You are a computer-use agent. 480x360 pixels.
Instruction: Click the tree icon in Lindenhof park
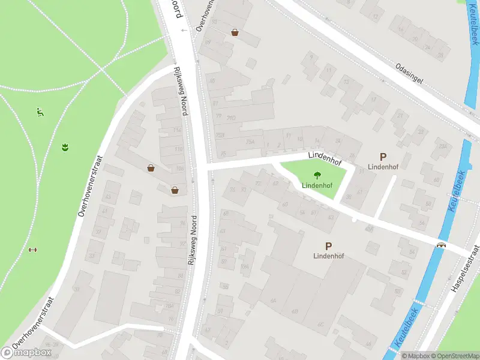click(316, 176)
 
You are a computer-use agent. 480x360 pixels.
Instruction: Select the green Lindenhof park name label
click(316, 185)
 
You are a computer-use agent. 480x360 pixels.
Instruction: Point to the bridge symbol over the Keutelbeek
click(442, 245)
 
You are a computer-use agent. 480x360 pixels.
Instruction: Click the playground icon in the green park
click(40, 112)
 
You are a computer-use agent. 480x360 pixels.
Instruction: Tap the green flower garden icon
click(64, 146)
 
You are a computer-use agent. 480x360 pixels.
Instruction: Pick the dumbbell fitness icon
click(32, 250)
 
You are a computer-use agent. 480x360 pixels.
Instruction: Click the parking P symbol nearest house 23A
click(383, 157)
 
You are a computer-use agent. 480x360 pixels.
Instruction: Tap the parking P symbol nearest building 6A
click(328, 246)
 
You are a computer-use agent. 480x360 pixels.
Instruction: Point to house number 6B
click(295, 311)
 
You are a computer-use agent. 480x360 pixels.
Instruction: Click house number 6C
click(320, 324)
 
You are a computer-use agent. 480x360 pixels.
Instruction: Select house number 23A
click(443, 146)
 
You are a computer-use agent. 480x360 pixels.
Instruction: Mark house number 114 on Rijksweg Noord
click(177, 130)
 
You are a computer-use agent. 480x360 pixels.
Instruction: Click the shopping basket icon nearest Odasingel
click(235, 32)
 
